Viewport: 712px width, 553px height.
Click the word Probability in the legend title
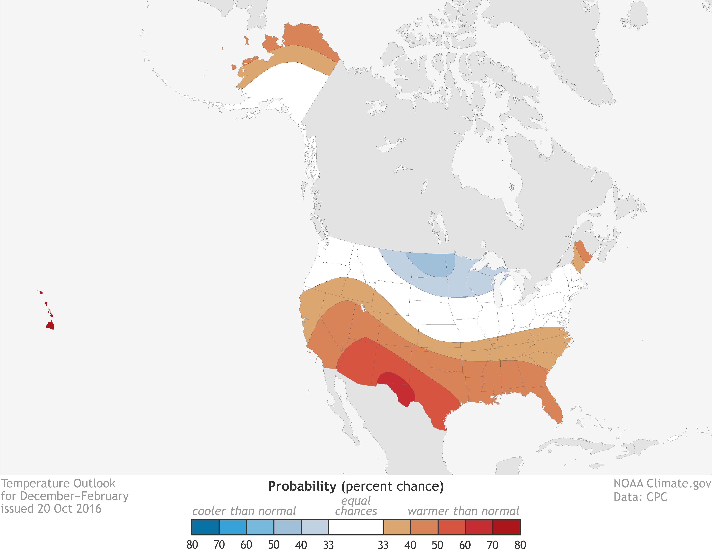click(x=302, y=487)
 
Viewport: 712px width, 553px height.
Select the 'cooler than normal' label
click(x=244, y=511)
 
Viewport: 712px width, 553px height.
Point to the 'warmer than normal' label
click(x=463, y=511)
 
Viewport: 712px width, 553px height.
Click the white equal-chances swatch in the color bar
click(x=356, y=527)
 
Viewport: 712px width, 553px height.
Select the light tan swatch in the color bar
click(x=397, y=527)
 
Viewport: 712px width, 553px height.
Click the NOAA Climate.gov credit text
click(x=662, y=484)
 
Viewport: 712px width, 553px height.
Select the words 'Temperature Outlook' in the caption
click(x=58, y=484)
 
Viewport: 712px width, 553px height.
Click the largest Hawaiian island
click(x=50, y=325)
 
